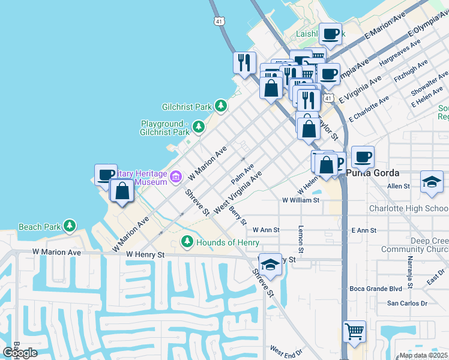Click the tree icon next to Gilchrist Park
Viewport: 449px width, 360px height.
click(221, 107)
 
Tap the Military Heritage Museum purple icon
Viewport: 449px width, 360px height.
click(176, 176)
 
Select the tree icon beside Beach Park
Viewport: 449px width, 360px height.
click(70, 226)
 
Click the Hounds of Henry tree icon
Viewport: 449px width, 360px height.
click(187, 242)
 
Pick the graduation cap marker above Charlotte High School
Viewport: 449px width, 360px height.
click(431, 182)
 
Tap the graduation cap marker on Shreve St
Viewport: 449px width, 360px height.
click(271, 265)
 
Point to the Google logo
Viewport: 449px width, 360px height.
click(20, 353)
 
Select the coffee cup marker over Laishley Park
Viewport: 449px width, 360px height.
click(330, 34)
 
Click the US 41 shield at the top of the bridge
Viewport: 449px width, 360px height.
click(219, 21)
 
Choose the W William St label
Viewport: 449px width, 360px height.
click(301, 200)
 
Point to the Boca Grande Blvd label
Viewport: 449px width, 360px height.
click(375, 289)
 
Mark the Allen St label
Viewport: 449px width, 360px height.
click(398, 187)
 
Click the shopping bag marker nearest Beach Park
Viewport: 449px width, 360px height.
click(122, 191)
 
